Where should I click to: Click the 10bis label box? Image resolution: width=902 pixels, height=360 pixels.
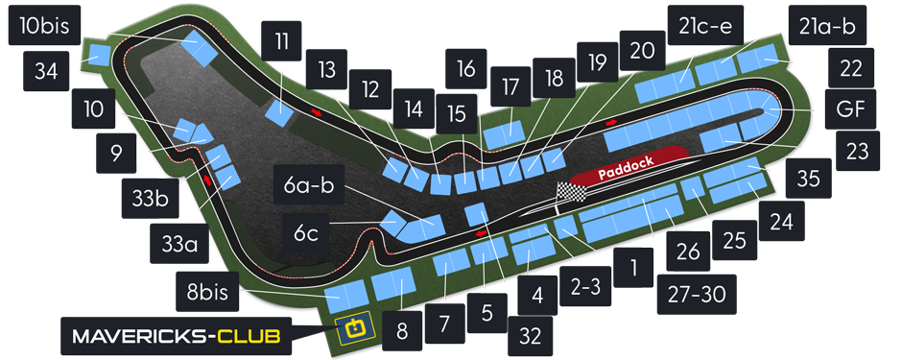click(39, 26)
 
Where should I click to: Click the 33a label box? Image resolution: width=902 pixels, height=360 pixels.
click(178, 245)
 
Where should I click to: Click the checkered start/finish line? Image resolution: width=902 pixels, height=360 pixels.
click(570, 191)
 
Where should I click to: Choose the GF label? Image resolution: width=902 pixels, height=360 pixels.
click(850, 109)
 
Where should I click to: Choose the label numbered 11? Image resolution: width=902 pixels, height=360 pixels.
click(280, 42)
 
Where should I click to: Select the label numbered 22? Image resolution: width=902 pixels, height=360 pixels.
click(850, 69)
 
